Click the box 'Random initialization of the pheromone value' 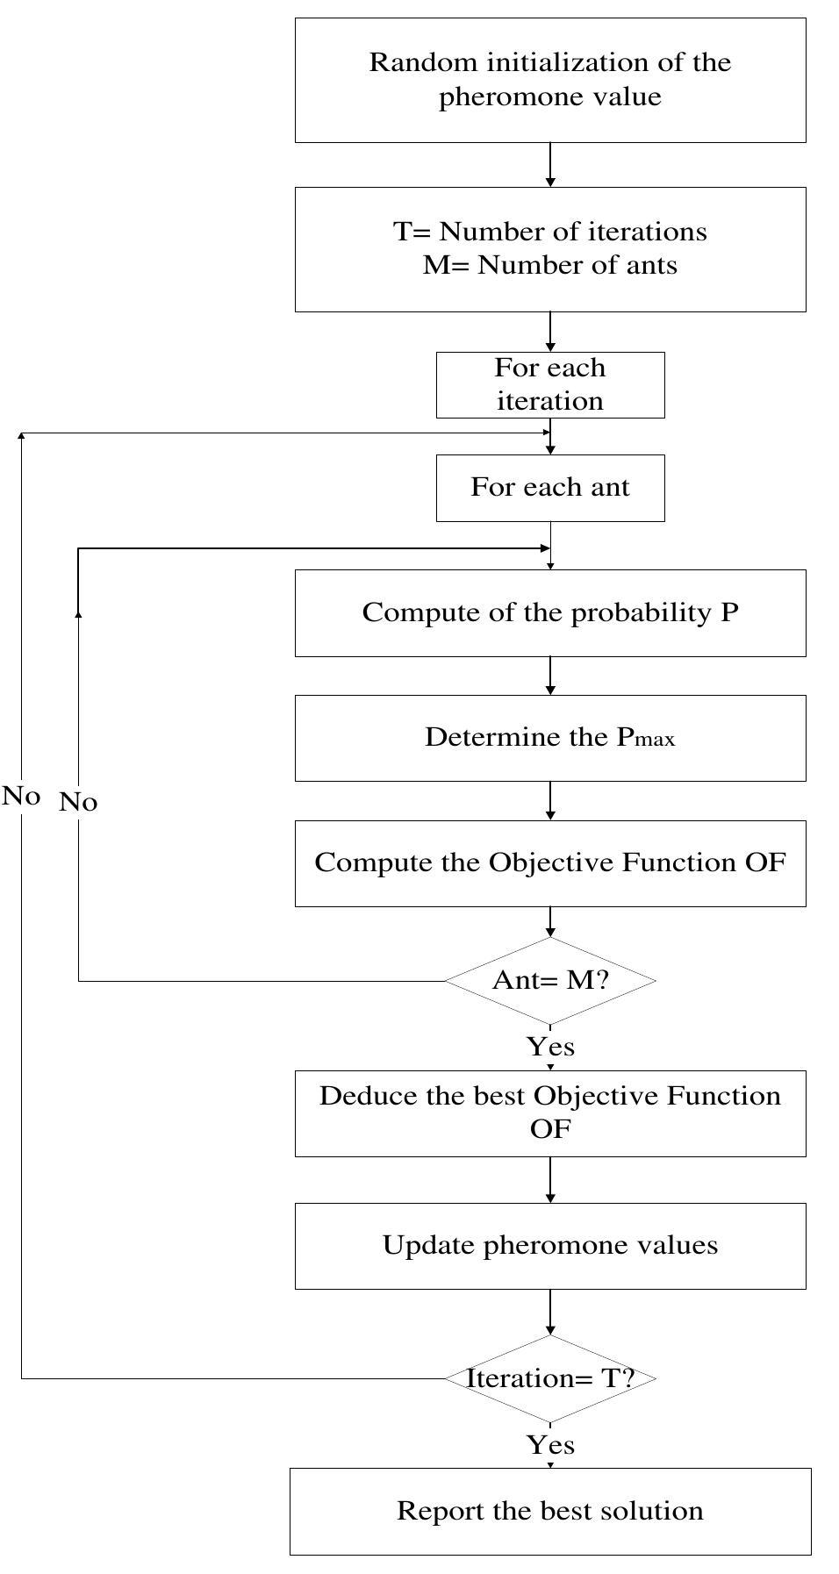tap(550, 80)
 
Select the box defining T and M tap(550, 249)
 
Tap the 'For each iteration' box tap(550, 384)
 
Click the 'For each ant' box tap(550, 488)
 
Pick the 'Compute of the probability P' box tap(550, 612)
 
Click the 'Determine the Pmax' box tap(550, 738)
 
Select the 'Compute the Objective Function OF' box tap(550, 863)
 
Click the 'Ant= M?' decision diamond tap(550, 980)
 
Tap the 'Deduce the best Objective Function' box tap(550, 1113)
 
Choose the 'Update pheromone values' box tap(550, 1245)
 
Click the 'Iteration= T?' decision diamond tap(550, 1378)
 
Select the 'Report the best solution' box tap(550, 1511)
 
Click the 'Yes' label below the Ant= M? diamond tap(550, 1047)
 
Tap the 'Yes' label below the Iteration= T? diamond tap(550, 1444)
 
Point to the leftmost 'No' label tap(21, 796)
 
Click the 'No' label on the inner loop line tap(78, 802)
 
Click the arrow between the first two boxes tap(550, 165)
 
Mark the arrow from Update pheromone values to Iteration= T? tap(550, 1313)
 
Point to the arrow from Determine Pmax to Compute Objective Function tap(550, 801)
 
